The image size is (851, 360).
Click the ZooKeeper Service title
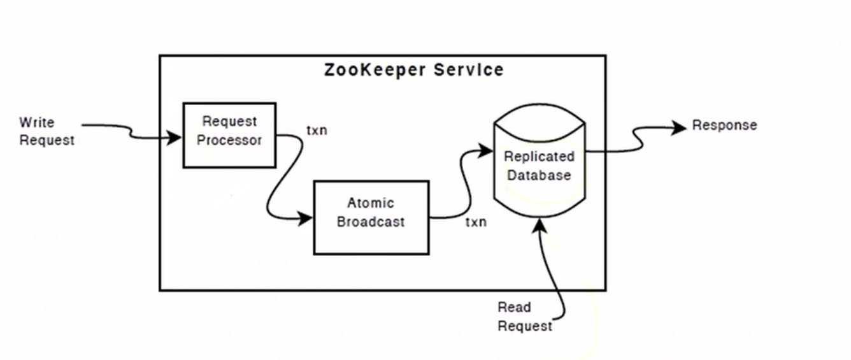[x=413, y=69]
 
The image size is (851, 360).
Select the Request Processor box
[x=229, y=135]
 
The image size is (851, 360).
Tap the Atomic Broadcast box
[x=371, y=217]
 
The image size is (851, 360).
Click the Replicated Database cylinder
[x=539, y=166]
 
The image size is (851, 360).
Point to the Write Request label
[x=46, y=131]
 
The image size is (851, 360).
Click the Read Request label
[x=524, y=317]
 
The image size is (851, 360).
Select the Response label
[x=724, y=125]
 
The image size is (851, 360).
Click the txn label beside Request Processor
[x=317, y=131]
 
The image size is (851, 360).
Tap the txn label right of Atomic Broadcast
[x=476, y=222]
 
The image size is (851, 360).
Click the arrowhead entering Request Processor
[x=175, y=137]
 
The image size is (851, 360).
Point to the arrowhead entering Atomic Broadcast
[x=306, y=219]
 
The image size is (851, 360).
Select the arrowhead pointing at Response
[x=680, y=127]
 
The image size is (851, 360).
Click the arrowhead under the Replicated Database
[x=540, y=224]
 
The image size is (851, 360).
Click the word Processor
[x=229, y=140]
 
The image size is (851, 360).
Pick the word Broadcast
[x=371, y=222]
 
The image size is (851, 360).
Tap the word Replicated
[x=539, y=156]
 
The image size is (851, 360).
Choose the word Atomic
[x=371, y=203]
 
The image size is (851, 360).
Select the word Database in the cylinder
[x=539, y=175]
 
